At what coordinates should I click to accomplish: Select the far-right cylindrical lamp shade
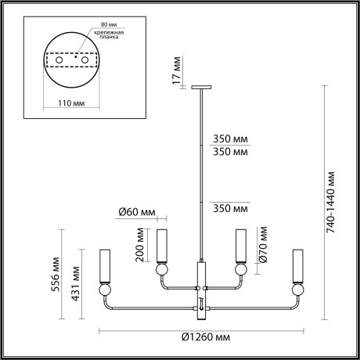(x=297, y=265)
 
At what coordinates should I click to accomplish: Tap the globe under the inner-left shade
(x=162, y=269)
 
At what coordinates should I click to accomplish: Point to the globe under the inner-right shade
(x=241, y=269)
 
